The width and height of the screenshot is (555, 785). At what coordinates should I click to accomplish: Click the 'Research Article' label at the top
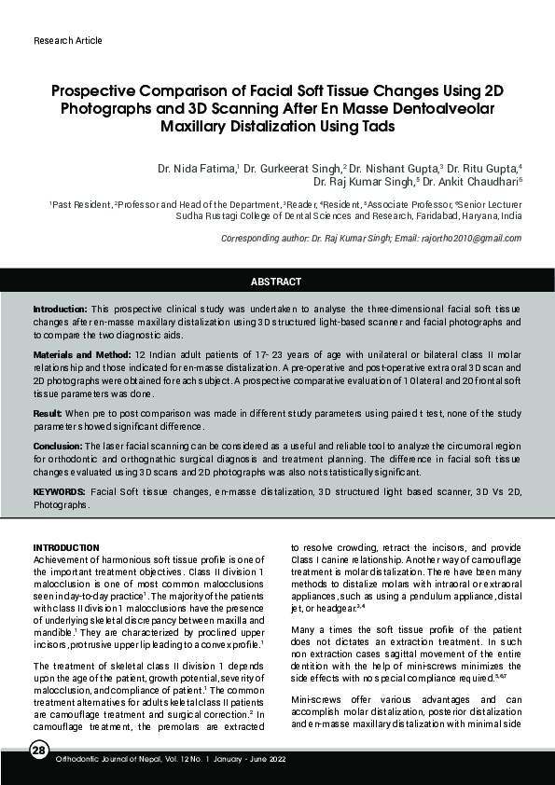tap(67, 41)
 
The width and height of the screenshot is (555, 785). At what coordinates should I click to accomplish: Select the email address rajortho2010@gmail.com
tap(471, 239)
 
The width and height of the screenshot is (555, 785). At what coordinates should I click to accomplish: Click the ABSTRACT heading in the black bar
tap(277, 282)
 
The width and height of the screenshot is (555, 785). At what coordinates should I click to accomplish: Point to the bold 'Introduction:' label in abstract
tap(61, 309)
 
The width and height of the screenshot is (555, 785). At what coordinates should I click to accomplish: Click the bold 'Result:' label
tap(48, 412)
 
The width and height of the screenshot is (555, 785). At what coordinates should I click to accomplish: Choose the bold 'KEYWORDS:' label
tap(59, 490)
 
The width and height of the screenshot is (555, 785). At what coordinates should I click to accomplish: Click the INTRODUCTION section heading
tap(66, 547)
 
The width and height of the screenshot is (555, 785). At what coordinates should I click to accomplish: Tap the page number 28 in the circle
tap(37, 752)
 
